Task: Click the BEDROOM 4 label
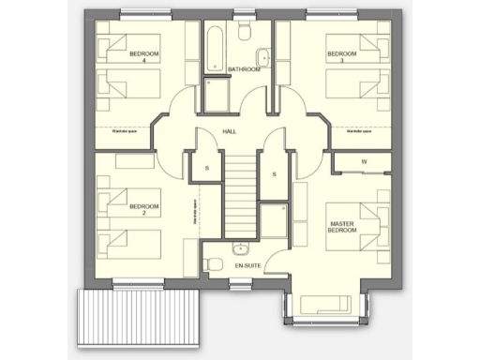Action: (144, 57)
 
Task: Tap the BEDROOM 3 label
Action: (341, 57)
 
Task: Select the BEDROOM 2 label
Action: (143, 208)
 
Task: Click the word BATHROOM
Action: (243, 69)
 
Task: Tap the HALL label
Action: (229, 132)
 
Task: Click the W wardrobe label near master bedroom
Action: (364, 161)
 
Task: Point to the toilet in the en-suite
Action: (214, 254)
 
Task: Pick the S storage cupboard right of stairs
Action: (274, 174)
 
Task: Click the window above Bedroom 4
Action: (146, 11)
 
